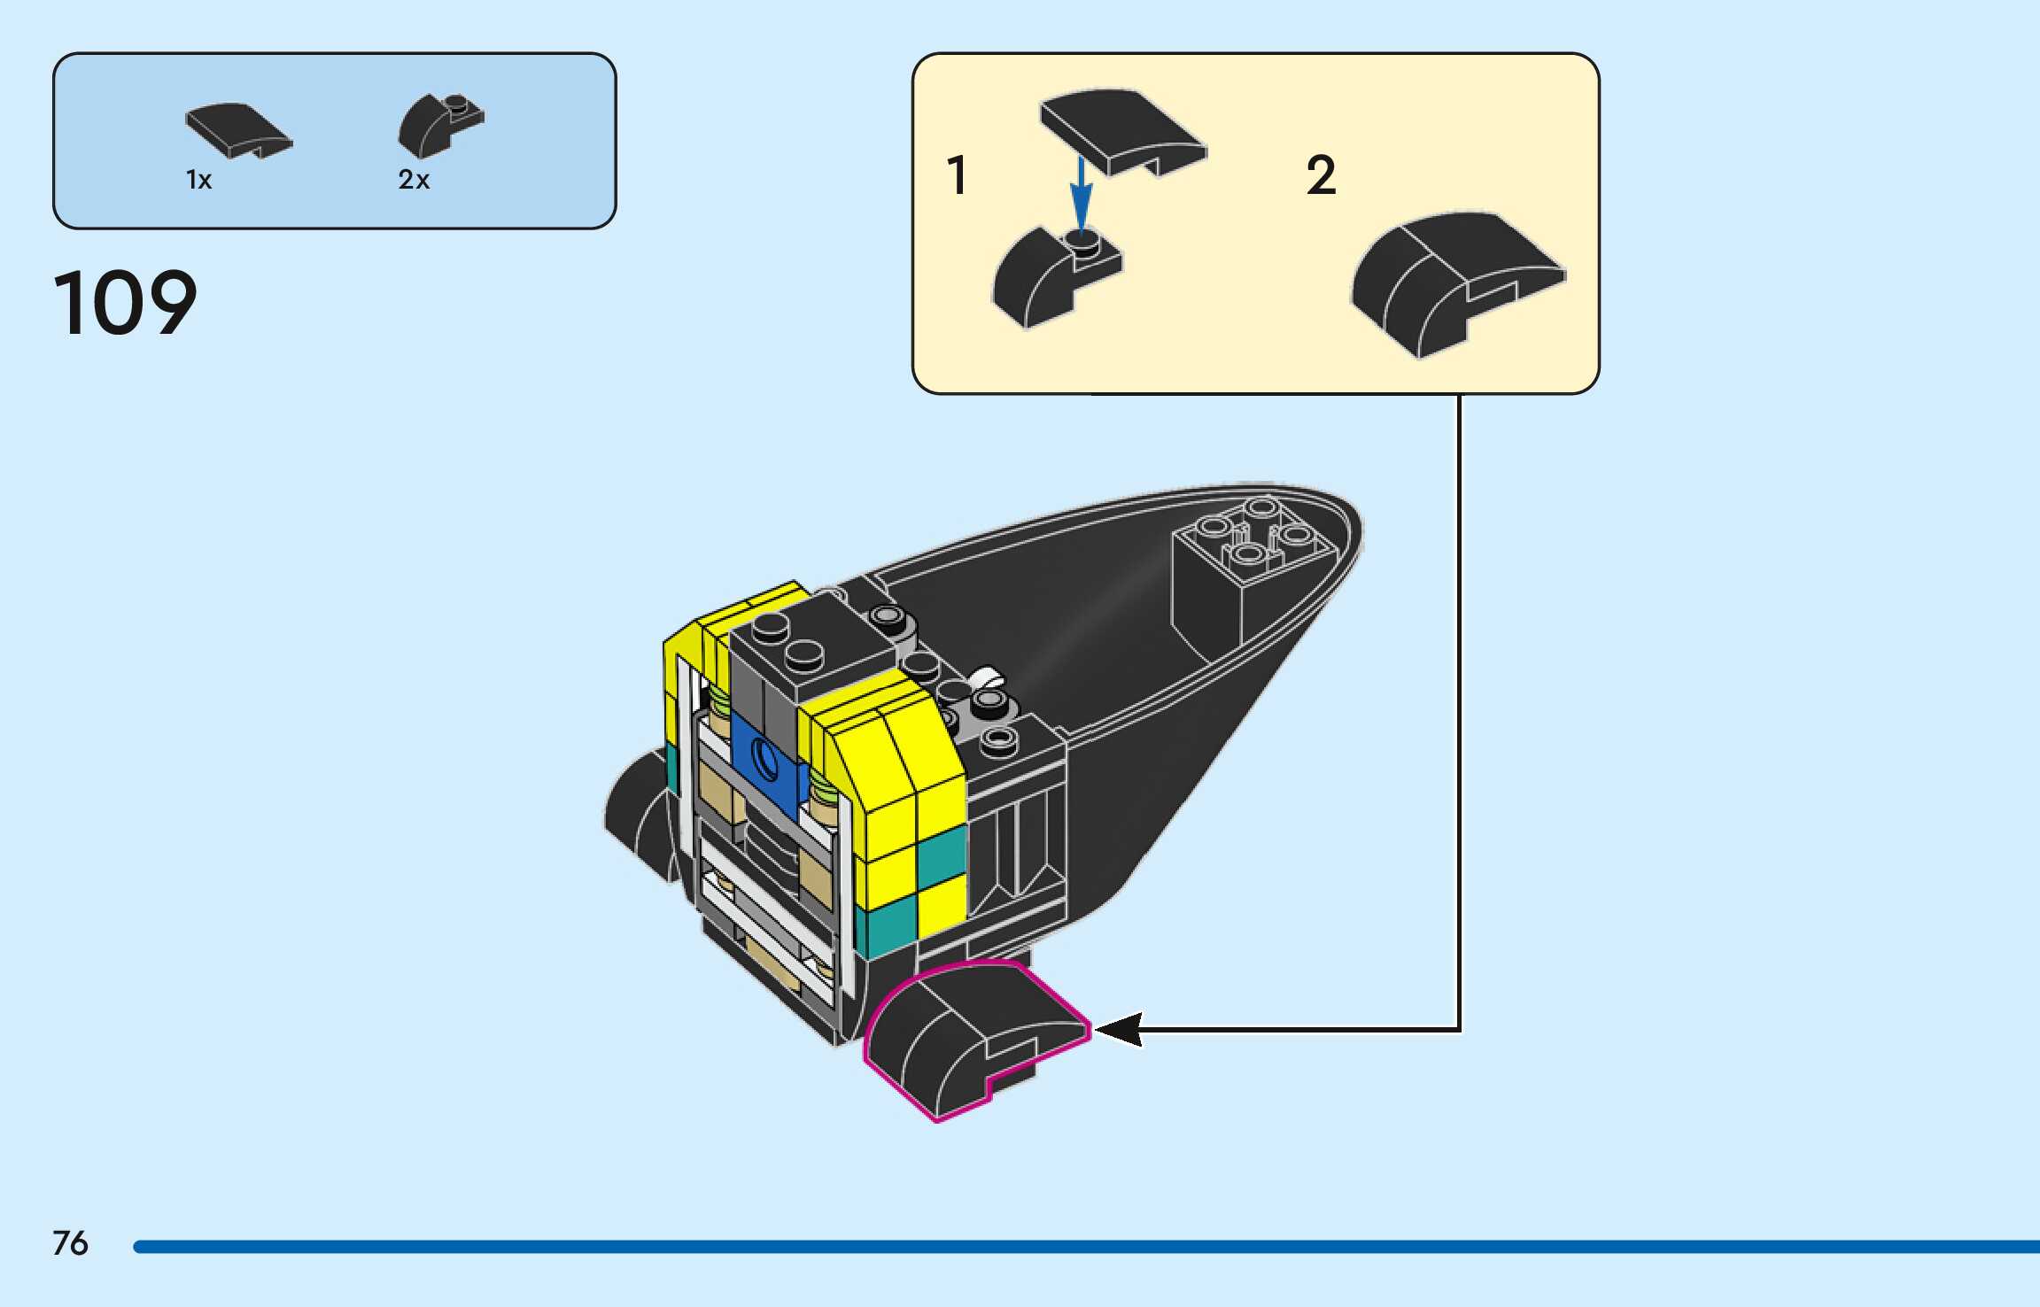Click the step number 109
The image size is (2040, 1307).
click(125, 303)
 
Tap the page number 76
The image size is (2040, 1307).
click(70, 1243)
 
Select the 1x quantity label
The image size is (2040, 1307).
click(198, 180)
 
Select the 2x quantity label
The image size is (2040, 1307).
click(414, 180)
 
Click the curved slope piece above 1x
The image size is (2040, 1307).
click(237, 130)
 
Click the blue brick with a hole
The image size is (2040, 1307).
click(767, 761)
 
